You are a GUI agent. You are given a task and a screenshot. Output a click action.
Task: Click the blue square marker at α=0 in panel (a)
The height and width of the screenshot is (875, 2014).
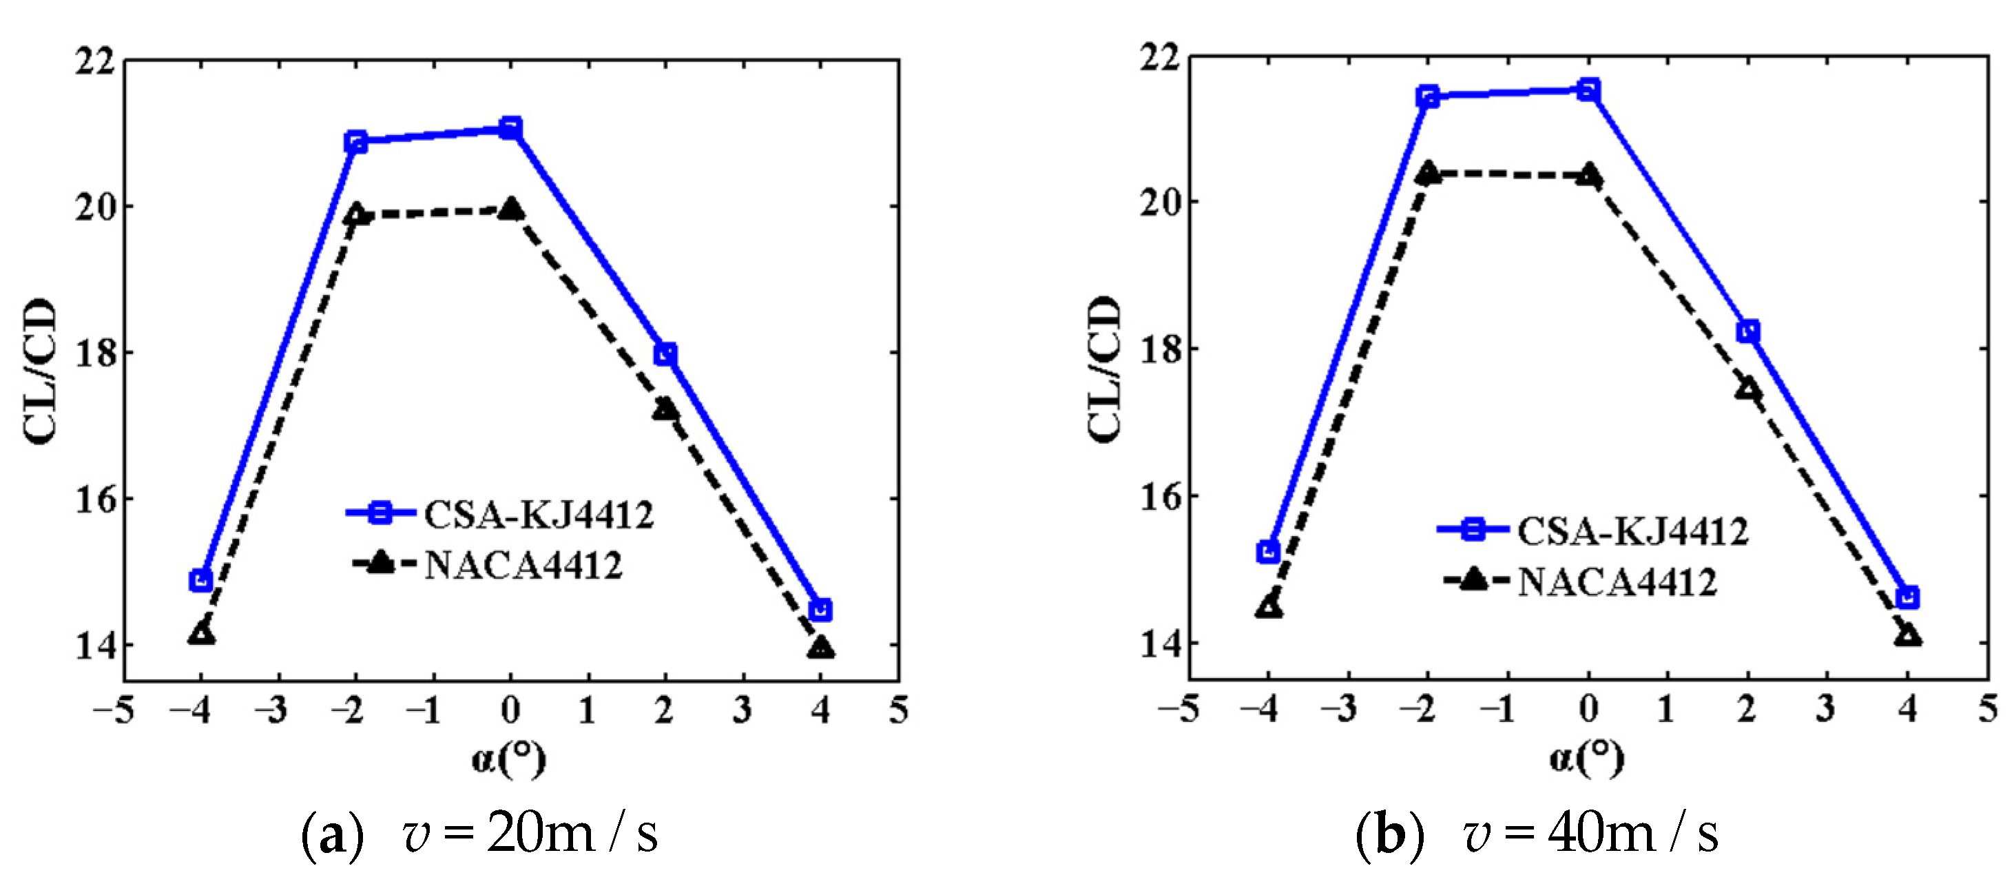[x=510, y=127]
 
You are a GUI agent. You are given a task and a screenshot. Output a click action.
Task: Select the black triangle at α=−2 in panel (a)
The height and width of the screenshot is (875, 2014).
[x=355, y=214]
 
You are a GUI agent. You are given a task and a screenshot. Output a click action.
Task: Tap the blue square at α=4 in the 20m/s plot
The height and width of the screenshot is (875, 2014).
[x=820, y=610]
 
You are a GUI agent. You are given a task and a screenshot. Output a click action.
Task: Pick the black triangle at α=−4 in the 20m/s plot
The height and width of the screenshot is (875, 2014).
[x=201, y=633]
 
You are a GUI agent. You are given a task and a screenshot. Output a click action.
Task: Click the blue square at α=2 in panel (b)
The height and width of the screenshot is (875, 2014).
[x=1748, y=331]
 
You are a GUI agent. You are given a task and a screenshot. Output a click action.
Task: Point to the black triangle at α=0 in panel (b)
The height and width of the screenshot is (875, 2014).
[x=1588, y=175]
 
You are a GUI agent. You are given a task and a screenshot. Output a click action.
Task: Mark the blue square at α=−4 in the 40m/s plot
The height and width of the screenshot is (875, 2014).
[x=1268, y=551]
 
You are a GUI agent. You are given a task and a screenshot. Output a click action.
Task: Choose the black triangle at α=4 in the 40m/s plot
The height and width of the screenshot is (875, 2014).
[x=1908, y=635]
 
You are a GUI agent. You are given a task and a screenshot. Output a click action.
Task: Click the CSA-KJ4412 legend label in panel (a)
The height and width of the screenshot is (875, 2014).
[x=539, y=515]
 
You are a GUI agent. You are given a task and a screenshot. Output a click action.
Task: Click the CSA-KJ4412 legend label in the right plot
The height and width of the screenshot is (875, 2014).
[x=1632, y=532]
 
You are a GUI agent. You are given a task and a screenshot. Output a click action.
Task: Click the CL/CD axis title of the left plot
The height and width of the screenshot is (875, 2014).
[x=41, y=371]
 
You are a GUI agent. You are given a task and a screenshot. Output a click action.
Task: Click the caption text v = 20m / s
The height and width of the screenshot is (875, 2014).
[x=531, y=834]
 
